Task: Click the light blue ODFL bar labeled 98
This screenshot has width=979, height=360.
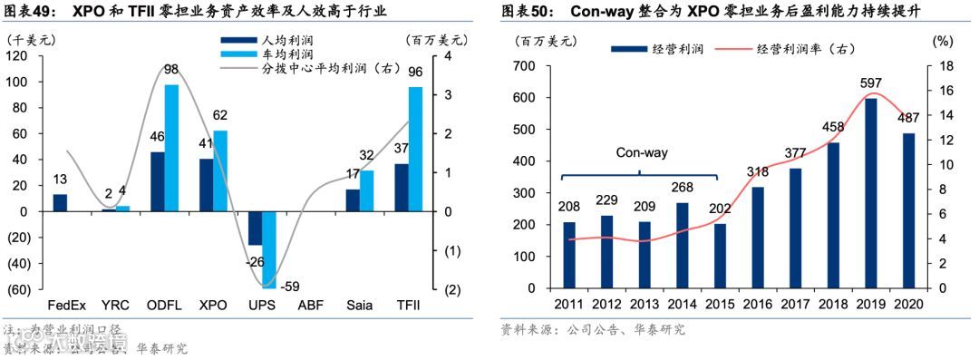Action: (171, 148)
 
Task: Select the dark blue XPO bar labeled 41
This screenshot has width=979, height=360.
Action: (206, 185)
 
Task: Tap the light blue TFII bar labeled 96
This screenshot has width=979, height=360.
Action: (415, 149)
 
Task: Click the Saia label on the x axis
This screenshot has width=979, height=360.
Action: (359, 306)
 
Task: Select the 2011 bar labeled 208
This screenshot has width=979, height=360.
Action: (569, 255)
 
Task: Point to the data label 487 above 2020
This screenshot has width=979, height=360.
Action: (906, 118)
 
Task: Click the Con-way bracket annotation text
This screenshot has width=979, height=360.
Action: (642, 152)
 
